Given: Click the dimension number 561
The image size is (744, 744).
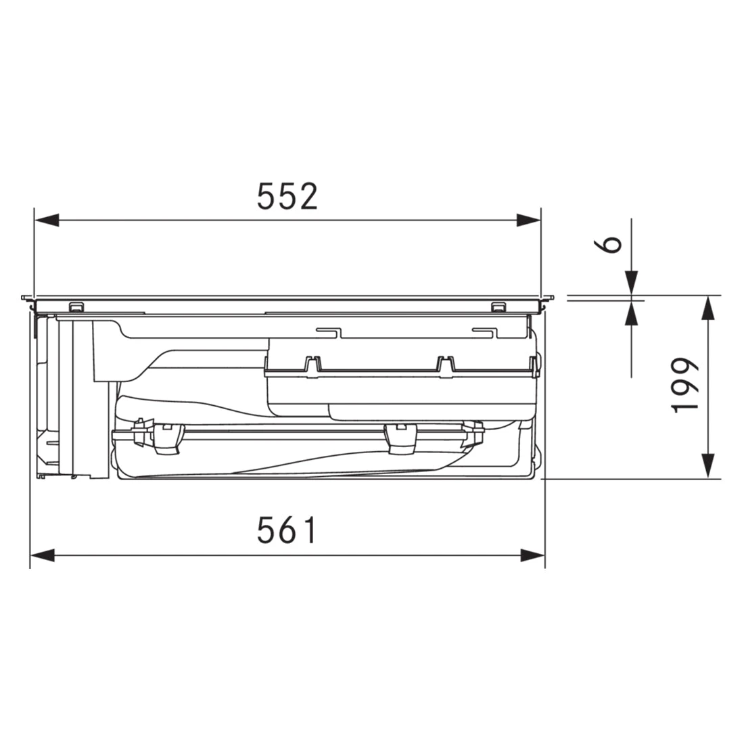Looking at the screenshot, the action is (x=286, y=530).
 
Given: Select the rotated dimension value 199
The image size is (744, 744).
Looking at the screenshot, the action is (x=686, y=386).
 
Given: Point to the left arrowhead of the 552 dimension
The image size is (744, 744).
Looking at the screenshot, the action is (x=47, y=220).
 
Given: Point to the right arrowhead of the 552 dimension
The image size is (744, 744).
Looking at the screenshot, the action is (x=528, y=220).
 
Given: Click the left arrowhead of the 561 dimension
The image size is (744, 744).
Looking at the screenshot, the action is (x=43, y=555).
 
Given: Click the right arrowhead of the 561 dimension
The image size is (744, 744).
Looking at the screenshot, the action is (x=532, y=555).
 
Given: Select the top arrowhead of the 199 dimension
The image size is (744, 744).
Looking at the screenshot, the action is (x=708, y=308).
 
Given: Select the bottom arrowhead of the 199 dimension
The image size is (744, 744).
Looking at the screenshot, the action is (x=708, y=466).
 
